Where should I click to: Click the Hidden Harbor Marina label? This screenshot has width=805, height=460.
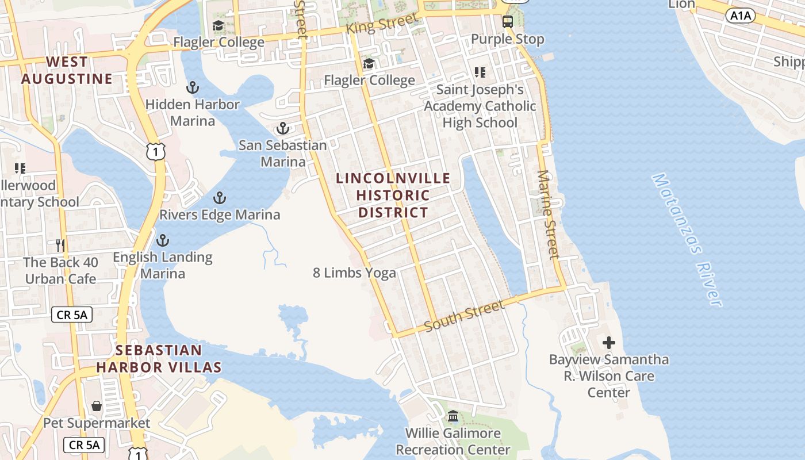coord(192,113)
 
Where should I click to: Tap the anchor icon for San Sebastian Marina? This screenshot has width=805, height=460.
coord(282,128)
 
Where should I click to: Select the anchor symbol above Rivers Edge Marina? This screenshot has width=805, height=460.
coord(219,198)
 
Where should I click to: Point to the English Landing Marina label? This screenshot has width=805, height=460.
coord(163,265)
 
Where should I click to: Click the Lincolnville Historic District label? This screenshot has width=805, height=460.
coord(393,195)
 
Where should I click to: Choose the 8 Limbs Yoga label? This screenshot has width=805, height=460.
coord(354,273)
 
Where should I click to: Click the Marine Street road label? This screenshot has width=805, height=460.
coord(548,214)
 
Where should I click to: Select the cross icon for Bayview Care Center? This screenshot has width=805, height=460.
coord(608,343)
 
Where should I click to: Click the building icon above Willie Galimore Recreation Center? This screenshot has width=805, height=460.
coord(453,416)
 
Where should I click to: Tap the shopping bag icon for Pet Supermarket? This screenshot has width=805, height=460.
coord(97,407)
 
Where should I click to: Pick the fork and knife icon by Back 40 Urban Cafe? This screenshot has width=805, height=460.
coord(60,246)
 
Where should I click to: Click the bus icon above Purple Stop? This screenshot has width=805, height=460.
coord(507,22)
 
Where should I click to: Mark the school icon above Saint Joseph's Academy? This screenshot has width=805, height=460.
coord(480,72)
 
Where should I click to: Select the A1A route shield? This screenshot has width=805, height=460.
coord(741,16)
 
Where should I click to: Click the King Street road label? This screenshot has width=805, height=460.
coord(382,24)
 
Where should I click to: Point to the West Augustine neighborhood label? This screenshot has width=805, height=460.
coord(67,70)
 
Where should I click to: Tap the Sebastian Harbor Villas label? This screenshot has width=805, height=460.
coord(159,358)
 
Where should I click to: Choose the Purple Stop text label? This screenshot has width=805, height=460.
coord(507,39)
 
